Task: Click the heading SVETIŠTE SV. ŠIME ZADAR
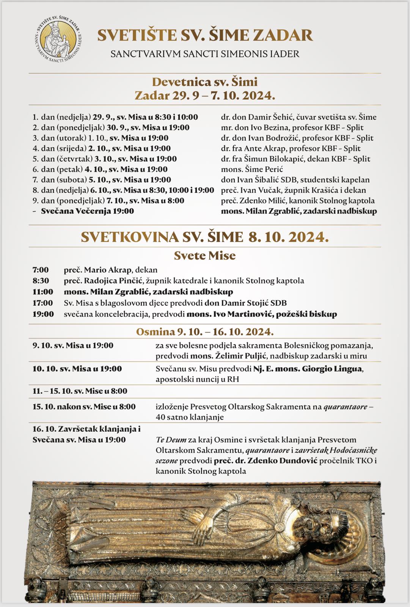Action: (x=205, y=36)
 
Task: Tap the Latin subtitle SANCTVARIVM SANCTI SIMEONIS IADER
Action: (x=205, y=54)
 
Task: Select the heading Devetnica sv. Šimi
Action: (x=205, y=82)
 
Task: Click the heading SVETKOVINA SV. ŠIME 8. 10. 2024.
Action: (x=205, y=237)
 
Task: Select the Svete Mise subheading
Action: (x=205, y=256)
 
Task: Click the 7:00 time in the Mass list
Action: (x=41, y=270)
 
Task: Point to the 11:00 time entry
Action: (x=42, y=292)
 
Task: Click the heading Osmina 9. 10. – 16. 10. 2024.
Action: (x=205, y=332)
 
